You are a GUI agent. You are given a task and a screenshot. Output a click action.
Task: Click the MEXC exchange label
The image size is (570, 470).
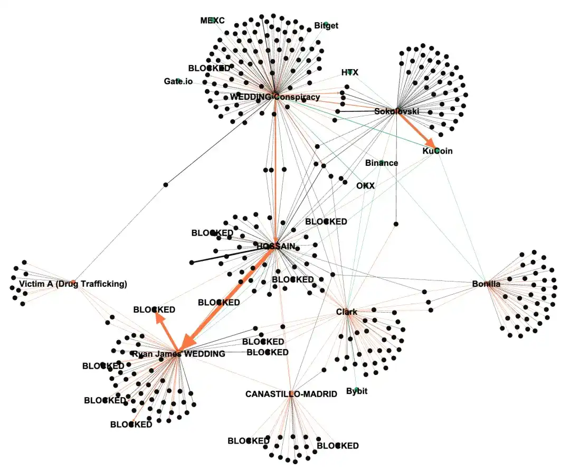(x=212, y=21)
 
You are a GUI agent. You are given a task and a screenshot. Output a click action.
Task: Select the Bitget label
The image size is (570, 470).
(x=326, y=25)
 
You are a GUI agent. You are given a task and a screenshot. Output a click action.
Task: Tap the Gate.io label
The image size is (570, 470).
(x=178, y=81)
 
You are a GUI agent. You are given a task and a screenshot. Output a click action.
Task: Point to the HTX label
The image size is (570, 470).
(x=349, y=72)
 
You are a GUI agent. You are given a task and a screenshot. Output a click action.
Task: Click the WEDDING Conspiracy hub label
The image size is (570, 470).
(x=274, y=97)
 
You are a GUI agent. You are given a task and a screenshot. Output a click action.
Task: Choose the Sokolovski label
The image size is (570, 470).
(x=396, y=111)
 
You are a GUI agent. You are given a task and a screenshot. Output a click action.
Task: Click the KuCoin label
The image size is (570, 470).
(x=438, y=151)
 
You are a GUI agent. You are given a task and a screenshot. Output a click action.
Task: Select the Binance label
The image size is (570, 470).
(x=382, y=163)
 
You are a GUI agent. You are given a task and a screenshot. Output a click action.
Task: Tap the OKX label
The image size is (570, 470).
(x=365, y=186)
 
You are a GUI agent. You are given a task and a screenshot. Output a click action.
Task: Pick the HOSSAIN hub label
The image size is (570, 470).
(x=275, y=246)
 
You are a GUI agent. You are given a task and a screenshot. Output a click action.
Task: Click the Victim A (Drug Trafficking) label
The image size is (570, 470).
(x=73, y=284)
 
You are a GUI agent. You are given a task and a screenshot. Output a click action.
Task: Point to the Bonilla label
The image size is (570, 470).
(x=486, y=284)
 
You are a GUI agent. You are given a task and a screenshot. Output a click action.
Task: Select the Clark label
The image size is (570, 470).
(x=347, y=312)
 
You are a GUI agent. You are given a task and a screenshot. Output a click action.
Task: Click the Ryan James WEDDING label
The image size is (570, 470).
(x=178, y=354)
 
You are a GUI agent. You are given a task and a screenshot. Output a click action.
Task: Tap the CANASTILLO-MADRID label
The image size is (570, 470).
(x=291, y=394)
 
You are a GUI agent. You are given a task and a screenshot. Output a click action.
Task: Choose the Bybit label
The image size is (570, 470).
(x=357, y=392)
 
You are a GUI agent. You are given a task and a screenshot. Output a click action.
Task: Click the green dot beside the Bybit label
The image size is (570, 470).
(x=357, y=389)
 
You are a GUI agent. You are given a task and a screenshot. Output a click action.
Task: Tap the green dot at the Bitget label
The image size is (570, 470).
(x=326, y=24)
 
